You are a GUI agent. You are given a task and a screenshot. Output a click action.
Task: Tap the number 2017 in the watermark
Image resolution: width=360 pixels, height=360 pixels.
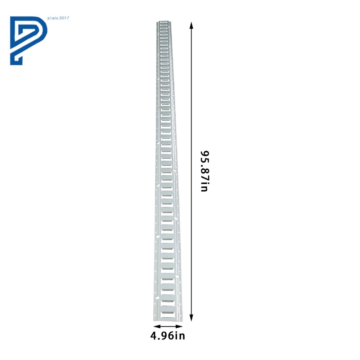pyautogui.click(x=64, y=18)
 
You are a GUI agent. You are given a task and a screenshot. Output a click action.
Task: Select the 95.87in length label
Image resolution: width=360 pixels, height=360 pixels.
pyautogui.click(x=204, y=171)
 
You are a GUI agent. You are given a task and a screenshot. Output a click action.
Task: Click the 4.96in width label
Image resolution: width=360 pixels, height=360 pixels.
pyautogui.click(x=168, y=336)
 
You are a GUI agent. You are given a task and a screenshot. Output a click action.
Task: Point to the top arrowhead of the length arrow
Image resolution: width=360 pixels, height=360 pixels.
pyautogui.click(x=191, y=25)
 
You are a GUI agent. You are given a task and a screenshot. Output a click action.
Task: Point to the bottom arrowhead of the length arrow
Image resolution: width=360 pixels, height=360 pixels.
pyautogui.click(x=191, y=318)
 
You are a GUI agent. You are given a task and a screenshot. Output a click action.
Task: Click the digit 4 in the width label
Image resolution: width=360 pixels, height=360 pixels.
pyautogui.click(x=153, y=336)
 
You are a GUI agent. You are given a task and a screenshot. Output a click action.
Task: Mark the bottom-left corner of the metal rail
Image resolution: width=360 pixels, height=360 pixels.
pyautogui.click(x=153, y=321)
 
